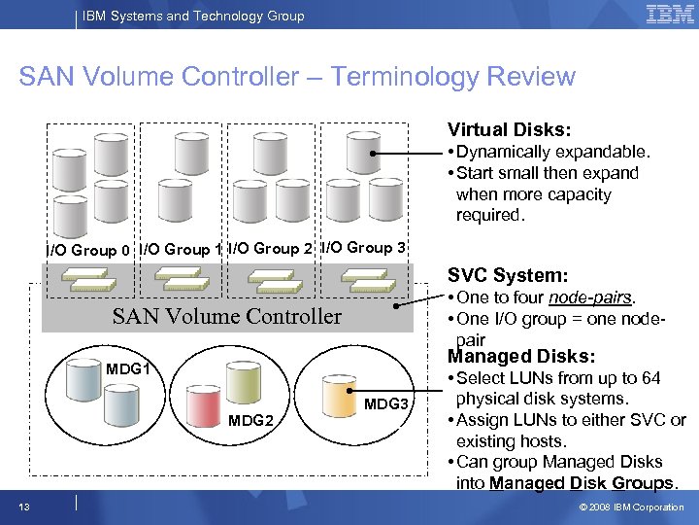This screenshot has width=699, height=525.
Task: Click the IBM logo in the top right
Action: pos(669,14)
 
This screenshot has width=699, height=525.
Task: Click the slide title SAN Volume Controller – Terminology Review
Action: pos(297,78)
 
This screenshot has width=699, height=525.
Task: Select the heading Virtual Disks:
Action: pos(508,129)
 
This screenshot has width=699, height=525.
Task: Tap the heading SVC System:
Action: pos(507,276)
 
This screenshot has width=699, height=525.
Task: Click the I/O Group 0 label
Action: pos(90,251)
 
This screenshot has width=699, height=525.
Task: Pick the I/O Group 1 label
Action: pos(182,249)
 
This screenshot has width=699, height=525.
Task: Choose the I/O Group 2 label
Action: pos(271,248)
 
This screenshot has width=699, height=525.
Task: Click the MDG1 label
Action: pos(127,369)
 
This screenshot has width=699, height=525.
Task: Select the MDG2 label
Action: pos(251,420)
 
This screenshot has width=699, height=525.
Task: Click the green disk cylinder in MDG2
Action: pos(242,380)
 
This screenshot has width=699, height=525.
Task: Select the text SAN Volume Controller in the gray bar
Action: pos(227,316)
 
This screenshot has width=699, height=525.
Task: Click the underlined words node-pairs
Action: pos(591,297)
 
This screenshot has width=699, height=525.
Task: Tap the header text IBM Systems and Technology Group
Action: pos(195,16)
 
